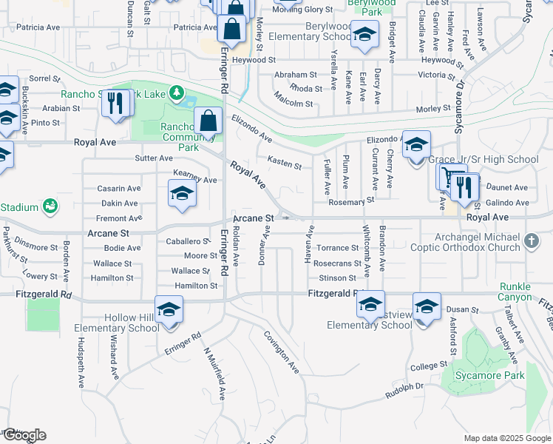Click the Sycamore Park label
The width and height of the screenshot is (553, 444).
pyautogui.click(x=489, y=375)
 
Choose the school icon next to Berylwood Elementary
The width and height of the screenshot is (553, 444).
pyautogui.click(x=364, y=34)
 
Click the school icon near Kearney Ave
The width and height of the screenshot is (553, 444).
pyautogui.click(x=181, y=194)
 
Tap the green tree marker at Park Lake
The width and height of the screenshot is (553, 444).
pyautogui.click(x=176, y=93)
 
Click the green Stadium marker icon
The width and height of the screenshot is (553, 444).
pyautogui.click(x=50, y=205)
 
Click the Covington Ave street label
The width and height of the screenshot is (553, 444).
pyautogui.click(x=282, y=351)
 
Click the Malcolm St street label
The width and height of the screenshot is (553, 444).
pyautogui.click(x=294, y=104)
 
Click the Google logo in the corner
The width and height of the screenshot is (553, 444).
pyautogui.click(x=24, y=435)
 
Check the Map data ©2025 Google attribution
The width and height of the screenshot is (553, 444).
pyautogui.click(x=506, y=438)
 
